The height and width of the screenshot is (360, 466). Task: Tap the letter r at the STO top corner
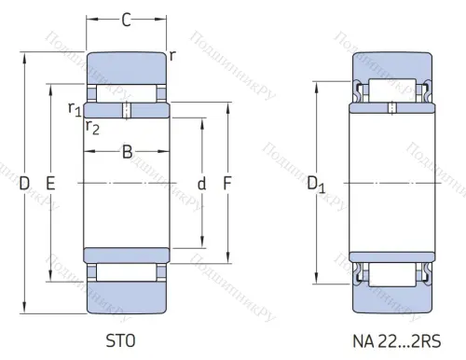(x=172, y=55)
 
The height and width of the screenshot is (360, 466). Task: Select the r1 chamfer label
(x=74, y=109)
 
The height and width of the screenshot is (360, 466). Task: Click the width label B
(x=127, y=153)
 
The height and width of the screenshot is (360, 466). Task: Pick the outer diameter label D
(x=24, y=184)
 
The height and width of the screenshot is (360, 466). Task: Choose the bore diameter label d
(x=201, y=184)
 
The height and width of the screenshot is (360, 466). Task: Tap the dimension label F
(x=226, y=184)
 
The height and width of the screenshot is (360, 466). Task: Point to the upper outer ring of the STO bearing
(x=126, y=67)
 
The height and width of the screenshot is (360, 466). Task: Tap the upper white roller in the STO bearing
(x=126, y=93)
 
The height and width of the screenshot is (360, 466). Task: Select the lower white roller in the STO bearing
(x=126, y=272)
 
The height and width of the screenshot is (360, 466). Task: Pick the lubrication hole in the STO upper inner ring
(x=127, y=110)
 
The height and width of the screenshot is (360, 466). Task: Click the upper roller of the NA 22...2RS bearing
(x=391, y=91)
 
